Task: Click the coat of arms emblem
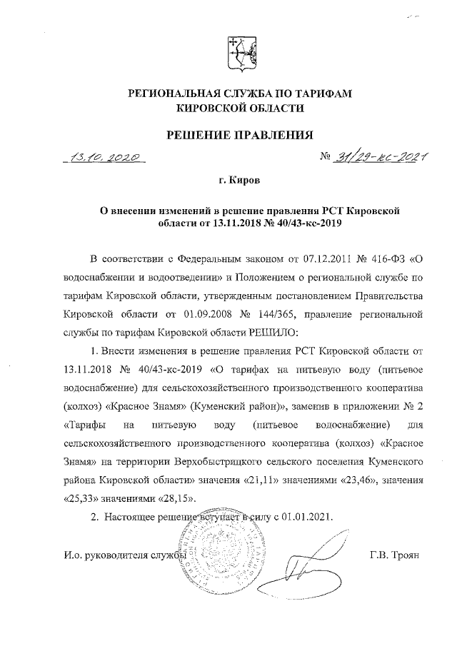(x=238, y=54)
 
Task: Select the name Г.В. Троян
(x=396, y=554)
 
